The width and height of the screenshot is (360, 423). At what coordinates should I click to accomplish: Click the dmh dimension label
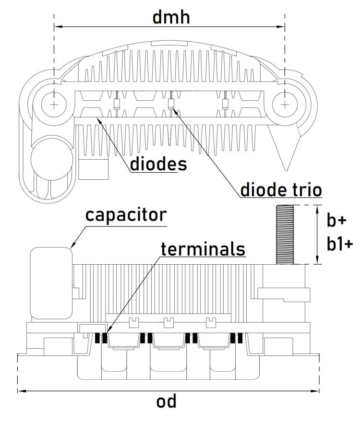(x=171, y=17)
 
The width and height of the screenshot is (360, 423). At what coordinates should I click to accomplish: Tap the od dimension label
(x=167, y=401)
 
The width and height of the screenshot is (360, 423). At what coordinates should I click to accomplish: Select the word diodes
(x=158, y=164)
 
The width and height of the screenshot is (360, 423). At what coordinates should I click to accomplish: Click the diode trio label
(x=281, y=189)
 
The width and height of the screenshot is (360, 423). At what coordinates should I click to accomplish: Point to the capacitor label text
(x=126, y=215)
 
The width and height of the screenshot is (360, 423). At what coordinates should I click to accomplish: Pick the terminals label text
(x=203, y=249)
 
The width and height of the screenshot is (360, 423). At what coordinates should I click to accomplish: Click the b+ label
(x=336, y=220)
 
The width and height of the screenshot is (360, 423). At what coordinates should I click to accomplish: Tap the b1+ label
(x=340, y=244)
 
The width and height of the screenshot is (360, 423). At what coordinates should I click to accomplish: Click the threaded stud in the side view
(x=285, y=234)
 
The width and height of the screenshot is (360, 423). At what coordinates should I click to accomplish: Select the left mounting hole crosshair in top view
(x=54, y=105)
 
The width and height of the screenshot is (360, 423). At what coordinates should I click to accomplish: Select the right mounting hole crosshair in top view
(x=285, y=105)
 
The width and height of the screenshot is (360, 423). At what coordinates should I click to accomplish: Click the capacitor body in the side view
(x=51, y=283)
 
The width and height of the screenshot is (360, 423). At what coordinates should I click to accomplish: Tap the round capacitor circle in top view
(x=52, y=160)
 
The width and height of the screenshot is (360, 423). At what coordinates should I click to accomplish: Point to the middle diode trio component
(x=171, y=104)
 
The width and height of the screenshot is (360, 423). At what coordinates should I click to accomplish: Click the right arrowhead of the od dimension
(x=315, y=390)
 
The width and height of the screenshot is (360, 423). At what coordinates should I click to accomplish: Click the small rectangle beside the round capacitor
(x=94, y=169)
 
